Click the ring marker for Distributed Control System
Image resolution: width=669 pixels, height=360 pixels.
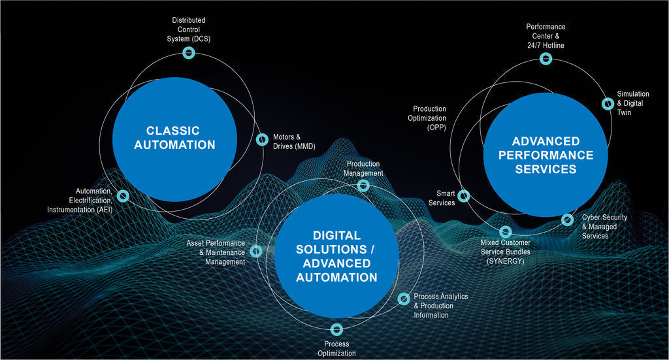(x=188, y=54)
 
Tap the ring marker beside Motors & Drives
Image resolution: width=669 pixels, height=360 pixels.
(x=262, y=139)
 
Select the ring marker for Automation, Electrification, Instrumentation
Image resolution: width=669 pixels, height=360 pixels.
(x=123, y=195)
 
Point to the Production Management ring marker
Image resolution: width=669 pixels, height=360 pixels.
(x=363, y=186)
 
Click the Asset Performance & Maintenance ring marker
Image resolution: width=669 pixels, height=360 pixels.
(x=256, y=251)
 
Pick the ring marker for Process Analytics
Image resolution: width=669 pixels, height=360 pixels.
(x=404, y=299)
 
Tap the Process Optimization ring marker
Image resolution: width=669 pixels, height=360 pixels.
(x=336, y=329)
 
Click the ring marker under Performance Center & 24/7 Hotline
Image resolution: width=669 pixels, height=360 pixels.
(x=546, y=59)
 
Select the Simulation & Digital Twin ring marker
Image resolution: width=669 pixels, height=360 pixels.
(x=608, y=103)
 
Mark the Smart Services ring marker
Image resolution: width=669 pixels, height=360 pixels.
(x=464, y=195)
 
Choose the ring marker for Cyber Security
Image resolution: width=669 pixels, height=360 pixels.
(x=567, y=220)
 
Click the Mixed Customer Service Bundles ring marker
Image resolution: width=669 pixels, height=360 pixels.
(x=505, y=231)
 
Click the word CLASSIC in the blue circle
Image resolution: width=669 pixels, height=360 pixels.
(x=173, y=131)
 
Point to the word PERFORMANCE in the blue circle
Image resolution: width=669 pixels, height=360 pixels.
(x=545, y=155)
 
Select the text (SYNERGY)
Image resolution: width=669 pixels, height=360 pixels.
(x=505, y=261)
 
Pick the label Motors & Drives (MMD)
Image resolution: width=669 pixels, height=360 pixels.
(x=294, y=142)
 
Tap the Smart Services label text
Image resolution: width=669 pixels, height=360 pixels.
(x=442, y=198)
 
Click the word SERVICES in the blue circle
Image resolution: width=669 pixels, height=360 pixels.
(x=546, y=169)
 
